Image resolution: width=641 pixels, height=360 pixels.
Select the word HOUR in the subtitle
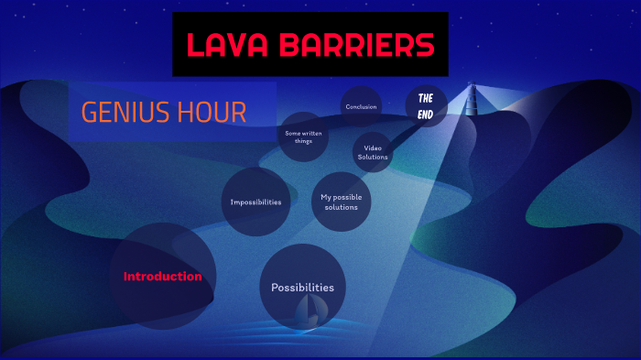pyautogui.click(x=215, y=112)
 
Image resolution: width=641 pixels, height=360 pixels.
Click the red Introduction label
pyautogui.click(x=163, y=276)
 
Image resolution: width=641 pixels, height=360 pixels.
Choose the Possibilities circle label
pyautogui.click(x=302, y=287)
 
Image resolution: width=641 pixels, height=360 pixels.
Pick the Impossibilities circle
pyautogui.click(x=255, y=202)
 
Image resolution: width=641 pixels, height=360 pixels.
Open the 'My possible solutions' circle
pyautogui.click(x=341, y=202)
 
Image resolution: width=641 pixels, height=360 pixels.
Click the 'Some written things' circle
pyautogui.click(x=303, y=137)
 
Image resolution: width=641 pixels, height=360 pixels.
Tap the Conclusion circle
pyautogui.click(x=361, y=106)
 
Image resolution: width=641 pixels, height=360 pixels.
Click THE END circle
pyautogui.click(x=426, y=106)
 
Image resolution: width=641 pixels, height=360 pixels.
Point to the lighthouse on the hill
pyautogui.click(x=473, y=99)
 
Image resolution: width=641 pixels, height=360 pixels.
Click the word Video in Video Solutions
pyautogui.click(x=373, y=147)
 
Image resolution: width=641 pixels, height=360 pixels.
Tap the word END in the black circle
pyautogui.click(x=426, y=114)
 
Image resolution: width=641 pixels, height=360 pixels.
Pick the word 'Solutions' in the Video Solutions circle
pyautogui.click(x=373, y=157)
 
